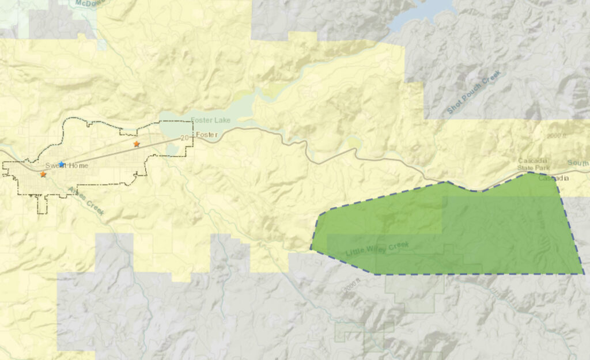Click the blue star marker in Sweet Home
coord(62,164)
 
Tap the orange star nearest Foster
coord(137,144)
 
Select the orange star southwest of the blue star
coord(43,174)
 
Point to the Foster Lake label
coord(211,120)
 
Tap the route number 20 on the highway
coord(184,138)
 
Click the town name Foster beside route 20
coord(205,135)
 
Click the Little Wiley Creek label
coord(377,249)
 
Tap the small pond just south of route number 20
coord(172,149)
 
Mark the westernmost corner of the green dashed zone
coord(311,248)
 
